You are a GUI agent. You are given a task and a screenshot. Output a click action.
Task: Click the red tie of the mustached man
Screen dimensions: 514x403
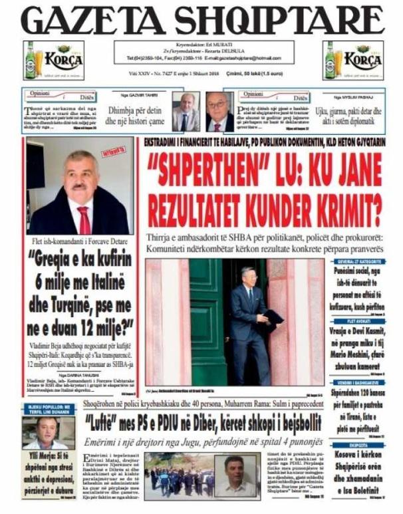click(83, 219)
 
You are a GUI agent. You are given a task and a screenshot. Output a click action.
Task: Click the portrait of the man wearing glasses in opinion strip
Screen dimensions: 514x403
click(217, 111)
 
